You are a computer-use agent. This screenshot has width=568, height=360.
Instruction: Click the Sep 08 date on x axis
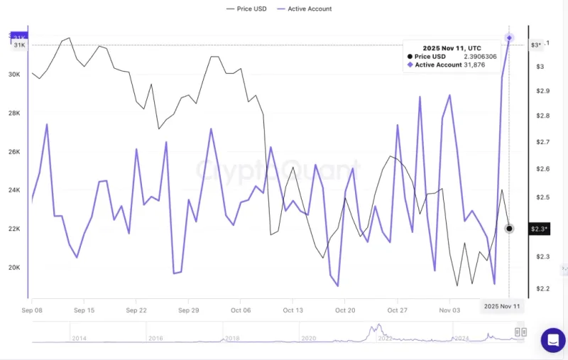(32, 310)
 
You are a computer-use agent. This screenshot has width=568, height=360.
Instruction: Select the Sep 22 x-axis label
(136, 310)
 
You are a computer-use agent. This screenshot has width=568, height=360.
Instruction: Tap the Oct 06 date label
(241, 310)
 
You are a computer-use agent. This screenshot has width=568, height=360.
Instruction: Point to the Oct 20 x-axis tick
(345, 310)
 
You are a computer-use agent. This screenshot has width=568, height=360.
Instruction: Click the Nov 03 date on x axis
(449, 310)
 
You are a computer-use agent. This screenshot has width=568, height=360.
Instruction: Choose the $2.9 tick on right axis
(542, 92)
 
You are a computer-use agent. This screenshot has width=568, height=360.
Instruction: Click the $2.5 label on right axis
(542, 197)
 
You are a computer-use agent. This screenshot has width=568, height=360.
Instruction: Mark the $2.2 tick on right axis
(542, 289)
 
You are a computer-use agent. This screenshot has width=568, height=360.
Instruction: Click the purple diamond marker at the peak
(509, 38)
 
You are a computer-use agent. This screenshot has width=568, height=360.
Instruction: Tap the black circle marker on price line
(509, 229)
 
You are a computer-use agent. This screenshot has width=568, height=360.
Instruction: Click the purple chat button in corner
(552, 340)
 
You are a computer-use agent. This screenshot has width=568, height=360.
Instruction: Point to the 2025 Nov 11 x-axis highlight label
(501, 306)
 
